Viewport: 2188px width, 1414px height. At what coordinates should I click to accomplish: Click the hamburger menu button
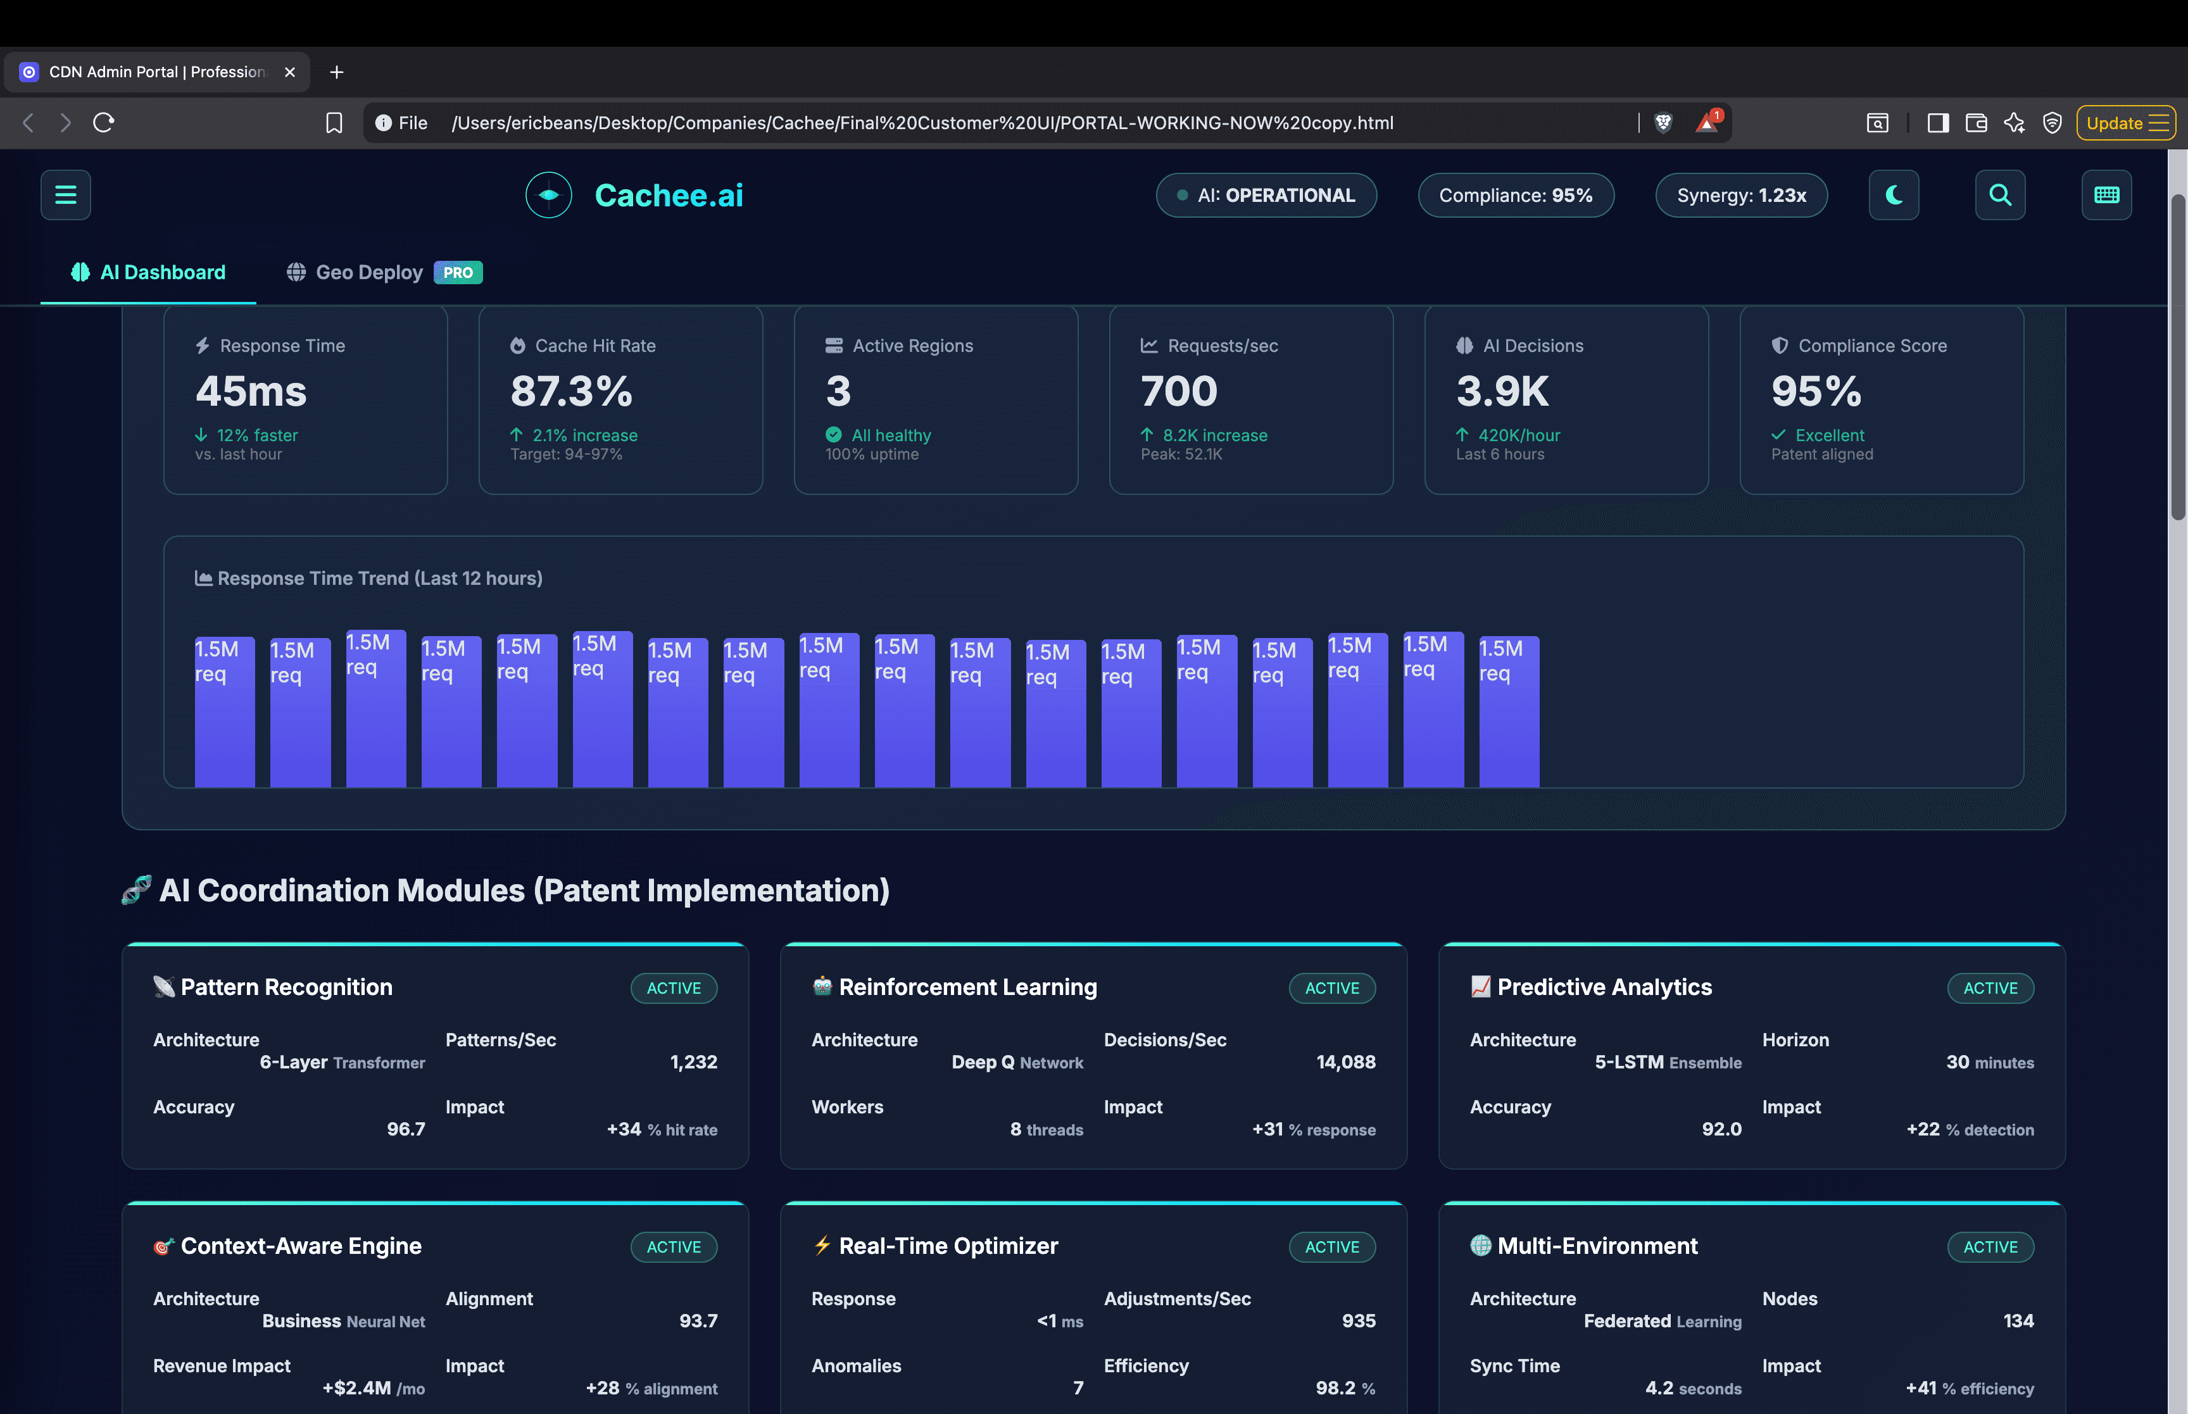click(65, 195)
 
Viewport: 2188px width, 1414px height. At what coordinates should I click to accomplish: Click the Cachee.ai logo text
click(669, 196)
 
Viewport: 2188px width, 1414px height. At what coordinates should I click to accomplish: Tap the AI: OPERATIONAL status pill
click(1266, 196)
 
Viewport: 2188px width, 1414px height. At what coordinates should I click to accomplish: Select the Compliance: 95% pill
click(1515, 196)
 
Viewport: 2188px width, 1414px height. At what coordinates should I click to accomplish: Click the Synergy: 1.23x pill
click(1741, 196)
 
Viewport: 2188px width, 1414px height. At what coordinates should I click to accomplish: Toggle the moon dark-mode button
click(1893, 195)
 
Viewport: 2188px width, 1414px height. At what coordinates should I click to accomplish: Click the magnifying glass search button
click(2000, 195)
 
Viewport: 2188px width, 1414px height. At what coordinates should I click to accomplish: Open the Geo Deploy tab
click(368, 273)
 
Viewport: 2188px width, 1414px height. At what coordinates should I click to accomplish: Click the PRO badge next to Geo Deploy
click(457, 273)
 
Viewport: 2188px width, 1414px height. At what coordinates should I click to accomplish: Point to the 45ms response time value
click(251, 392)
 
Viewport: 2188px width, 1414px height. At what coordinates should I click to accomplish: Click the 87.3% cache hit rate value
click(571, 392)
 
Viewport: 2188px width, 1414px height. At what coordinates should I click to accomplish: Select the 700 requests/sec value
click(1178, 392)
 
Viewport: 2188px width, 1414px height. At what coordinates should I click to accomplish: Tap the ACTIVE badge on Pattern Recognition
click(673, 988)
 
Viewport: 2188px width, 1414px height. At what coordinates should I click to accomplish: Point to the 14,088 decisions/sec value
click(1345, 1062)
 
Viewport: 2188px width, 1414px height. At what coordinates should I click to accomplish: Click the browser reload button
click(104, 123)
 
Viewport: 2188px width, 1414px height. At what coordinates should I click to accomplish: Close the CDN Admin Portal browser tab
click(289, 72)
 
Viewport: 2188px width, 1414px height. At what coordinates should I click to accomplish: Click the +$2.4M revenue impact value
click(357, 1388)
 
